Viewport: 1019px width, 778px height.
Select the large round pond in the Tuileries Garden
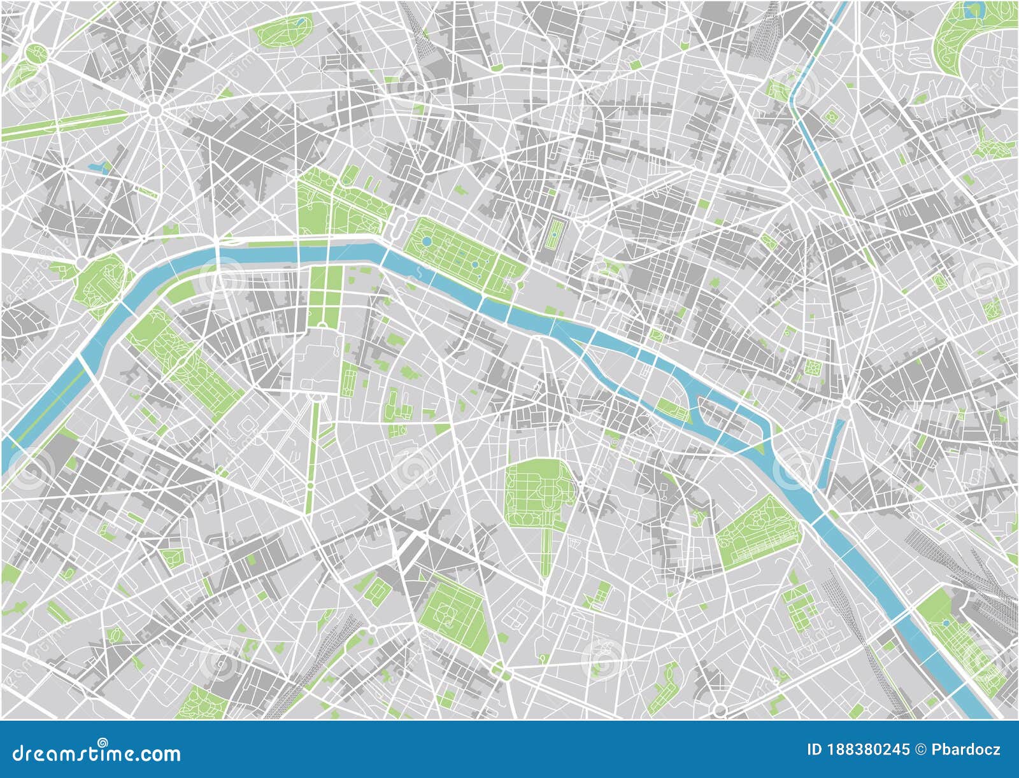pos(426,242)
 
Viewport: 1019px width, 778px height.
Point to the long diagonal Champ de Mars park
pos(185,363)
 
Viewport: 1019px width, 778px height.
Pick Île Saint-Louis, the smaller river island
pos(726,417)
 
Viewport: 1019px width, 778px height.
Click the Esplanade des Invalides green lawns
pos(325,293)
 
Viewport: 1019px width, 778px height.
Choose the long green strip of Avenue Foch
pos(64,124)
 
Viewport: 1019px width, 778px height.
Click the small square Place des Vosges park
pos(813,367)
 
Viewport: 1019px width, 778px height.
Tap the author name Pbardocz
pos(966,749)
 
